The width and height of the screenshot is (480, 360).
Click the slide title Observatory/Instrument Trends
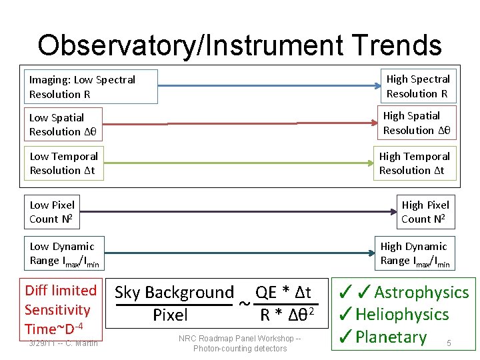click(239, 45)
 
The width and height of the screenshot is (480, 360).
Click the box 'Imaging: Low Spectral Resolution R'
click(91, 87)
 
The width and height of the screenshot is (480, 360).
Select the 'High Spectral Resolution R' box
click(418, 86)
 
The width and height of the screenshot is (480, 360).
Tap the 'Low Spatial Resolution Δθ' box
click(63, 125)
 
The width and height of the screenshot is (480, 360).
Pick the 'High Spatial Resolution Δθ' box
click(417, 123)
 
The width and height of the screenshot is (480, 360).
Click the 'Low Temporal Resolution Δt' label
click(63, 163)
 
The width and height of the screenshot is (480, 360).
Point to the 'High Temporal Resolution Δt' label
click(414, 163)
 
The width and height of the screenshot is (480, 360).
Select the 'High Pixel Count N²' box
click(425, 211)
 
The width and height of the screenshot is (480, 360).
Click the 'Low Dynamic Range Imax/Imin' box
click(64, 254)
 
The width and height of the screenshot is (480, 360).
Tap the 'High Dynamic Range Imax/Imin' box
click(414, 254)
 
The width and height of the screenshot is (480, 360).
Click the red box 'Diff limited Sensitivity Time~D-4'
click(60, 309)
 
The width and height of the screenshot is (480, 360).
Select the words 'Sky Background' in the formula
click(174, 293)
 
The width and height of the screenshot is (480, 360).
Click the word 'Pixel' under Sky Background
click(170, 315)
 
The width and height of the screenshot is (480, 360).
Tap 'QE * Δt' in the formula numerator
click(283, 293)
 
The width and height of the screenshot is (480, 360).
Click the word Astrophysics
click(421, 293)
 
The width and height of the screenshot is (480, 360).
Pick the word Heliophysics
click(402, 315)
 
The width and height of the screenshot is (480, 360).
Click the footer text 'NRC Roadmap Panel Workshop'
click(239, 339)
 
